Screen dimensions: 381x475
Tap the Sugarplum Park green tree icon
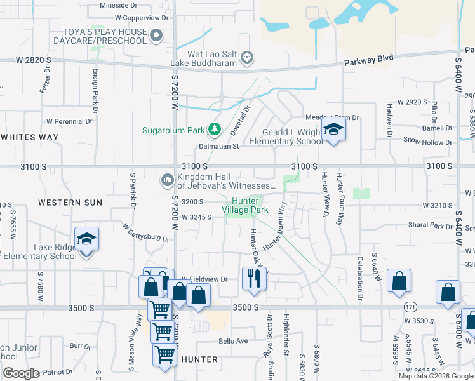(x=215, y=130)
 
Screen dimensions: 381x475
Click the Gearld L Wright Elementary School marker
(x=331, y=130)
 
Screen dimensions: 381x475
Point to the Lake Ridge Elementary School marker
(x=86, y=240)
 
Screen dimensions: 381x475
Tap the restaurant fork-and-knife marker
(x=253, y=277)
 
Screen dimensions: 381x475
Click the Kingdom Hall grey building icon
(x=168, y=180)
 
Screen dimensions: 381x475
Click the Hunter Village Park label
(x=245, y=205)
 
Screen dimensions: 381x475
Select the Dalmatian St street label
(x=218, y=145)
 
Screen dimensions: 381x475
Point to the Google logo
(x=20, y=373)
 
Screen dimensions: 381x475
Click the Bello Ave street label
(x=233, y=341)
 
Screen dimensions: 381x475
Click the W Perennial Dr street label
(x=65, y=121)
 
